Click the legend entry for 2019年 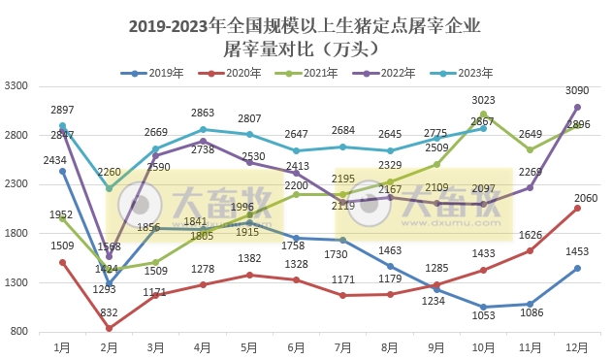(153, 73)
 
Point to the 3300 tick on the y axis (16, 85)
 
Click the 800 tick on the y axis (19, 332)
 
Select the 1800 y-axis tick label (16, 234)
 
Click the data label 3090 (577, 90)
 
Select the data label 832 (109, 311)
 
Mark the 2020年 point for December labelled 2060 (577, 208)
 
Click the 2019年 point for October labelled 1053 (483, 307)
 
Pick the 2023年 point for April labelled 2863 (203, 129)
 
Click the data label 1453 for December (577, 251)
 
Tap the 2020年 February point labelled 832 (109, 328)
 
